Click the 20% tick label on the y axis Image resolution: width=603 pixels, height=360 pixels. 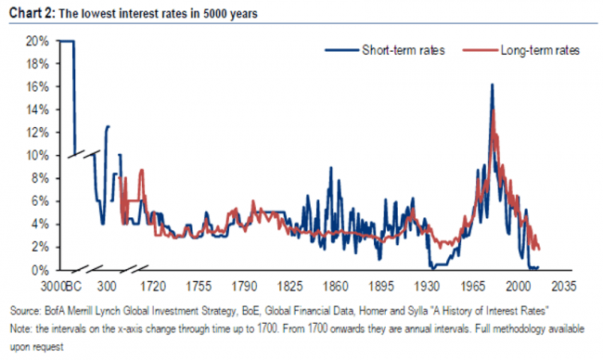(x=37, y=41)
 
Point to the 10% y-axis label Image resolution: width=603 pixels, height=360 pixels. (x=37, y=156)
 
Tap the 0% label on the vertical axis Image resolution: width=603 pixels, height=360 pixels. (x=40, y=270)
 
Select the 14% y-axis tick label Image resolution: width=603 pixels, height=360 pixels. (x=37, y=110)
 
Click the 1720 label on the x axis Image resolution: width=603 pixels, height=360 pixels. (x=153, y=287)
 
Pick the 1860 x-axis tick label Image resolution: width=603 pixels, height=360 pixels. (x=335, y=287)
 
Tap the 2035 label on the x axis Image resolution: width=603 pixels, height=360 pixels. (x=564, y=287)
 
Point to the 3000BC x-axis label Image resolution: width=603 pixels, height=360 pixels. (x=61, y=287)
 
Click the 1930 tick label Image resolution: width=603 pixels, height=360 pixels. (x=427, y=287)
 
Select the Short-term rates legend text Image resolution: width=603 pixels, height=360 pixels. (x=404, y=50)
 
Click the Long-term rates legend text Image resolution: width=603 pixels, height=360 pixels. (x=540, y=50)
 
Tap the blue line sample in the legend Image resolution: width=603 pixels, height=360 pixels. (x=341, y=50)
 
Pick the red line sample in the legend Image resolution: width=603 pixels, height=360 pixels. (x=480, y=50)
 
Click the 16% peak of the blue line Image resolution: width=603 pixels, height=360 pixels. (x=492, y=84)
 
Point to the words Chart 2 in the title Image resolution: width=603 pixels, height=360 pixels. (x=32, y=13)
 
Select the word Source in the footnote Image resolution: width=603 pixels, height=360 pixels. (x=25, y=311)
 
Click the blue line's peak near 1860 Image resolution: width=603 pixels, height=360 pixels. (x=330, y=168)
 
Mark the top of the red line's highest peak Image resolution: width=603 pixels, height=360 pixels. (x=493, y=110)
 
